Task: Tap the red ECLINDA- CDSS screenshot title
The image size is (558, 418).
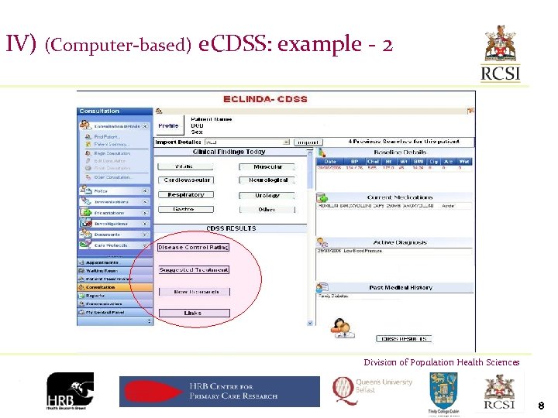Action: point(265,99)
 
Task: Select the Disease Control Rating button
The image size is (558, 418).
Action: point(194,248)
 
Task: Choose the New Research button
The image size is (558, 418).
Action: point(194,292)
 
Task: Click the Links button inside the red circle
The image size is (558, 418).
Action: point(194,313)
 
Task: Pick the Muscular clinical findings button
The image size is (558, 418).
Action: point(267,167)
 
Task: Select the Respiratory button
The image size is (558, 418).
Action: point(186,195)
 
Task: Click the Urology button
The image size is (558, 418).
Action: point(267,195)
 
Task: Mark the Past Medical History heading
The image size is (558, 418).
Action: point(401,288)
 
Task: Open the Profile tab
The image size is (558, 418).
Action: point(168,125)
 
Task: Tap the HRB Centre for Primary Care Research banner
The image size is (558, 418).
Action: point(219,391)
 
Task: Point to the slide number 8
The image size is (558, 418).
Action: point(541,404)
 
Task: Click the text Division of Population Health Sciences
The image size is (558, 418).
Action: point(442,362)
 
